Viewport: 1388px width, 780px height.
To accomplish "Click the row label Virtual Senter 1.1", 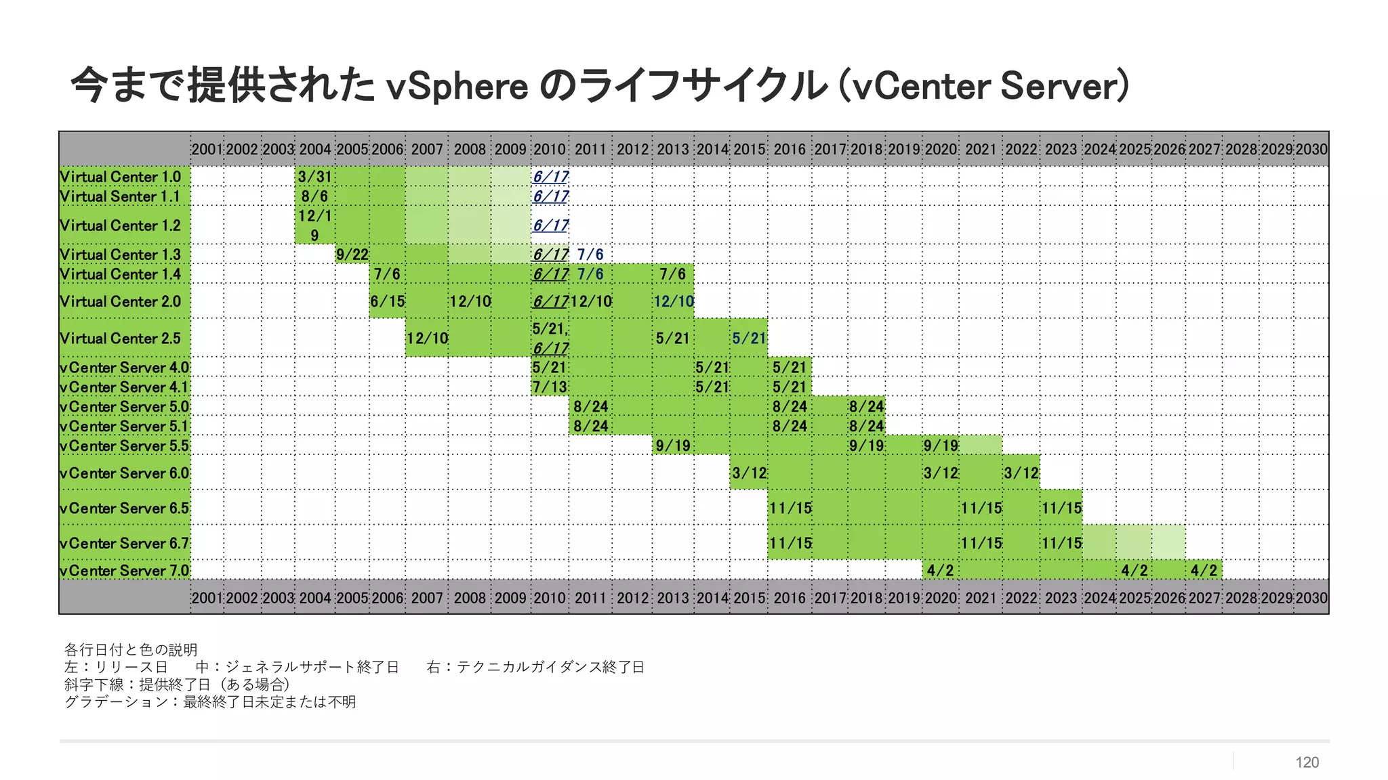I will point(120,196).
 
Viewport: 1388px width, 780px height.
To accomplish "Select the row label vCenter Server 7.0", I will point(125,571).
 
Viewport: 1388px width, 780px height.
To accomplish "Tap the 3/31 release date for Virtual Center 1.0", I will point(315,177).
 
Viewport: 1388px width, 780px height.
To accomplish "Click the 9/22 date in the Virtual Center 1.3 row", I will point(352,255).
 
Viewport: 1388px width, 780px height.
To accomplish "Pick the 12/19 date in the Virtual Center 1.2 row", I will point(315,225).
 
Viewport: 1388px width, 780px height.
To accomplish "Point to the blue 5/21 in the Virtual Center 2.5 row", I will point(749,339).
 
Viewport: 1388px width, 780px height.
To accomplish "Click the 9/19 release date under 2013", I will point(673,446).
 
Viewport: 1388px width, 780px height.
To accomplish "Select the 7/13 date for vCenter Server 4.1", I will point(550,387).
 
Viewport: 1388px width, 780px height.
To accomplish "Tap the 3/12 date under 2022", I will point(1021,473).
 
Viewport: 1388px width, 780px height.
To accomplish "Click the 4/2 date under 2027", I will point(1204,571).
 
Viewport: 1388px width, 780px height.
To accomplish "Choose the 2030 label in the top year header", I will point(1311,149).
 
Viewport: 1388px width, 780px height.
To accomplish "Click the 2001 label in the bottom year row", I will point(207,598).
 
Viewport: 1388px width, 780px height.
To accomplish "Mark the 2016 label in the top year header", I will point(790,149).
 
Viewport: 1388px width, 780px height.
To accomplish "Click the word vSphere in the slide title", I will point(457,86).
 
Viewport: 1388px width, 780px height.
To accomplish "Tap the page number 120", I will point(1307,762).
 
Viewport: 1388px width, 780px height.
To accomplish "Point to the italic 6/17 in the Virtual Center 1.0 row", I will point(550,177).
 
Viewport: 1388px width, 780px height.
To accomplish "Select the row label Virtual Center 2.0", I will point(120,301).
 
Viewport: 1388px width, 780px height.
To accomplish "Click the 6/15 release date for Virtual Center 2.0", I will point(387,301).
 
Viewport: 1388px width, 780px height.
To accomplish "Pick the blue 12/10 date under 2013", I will point(674,301).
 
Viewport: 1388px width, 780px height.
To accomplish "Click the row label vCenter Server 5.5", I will point(125,446).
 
